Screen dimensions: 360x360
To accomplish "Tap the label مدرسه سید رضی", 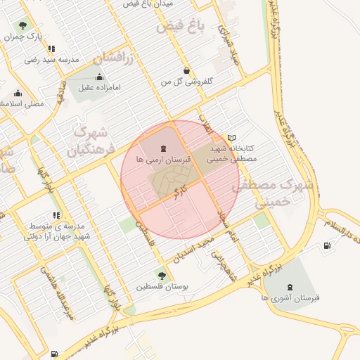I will [x=44, y=60].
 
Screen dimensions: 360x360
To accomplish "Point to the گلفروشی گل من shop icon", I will [x=186, y=70].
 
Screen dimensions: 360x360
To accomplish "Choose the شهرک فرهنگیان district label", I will [x=89, y=141].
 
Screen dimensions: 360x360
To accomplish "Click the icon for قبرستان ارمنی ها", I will [x=163, y=148].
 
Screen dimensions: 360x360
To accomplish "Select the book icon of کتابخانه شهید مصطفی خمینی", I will [x=233, y=138].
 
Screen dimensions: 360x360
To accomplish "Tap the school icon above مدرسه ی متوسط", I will [x=56, y=216].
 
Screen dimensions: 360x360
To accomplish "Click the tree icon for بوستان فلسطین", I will [x=162, y=276].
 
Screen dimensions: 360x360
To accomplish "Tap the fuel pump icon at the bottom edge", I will [x=55, y=354].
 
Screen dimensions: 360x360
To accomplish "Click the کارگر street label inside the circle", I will [x=181, y=189].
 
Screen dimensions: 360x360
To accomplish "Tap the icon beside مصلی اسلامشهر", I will [x=18, y=93].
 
